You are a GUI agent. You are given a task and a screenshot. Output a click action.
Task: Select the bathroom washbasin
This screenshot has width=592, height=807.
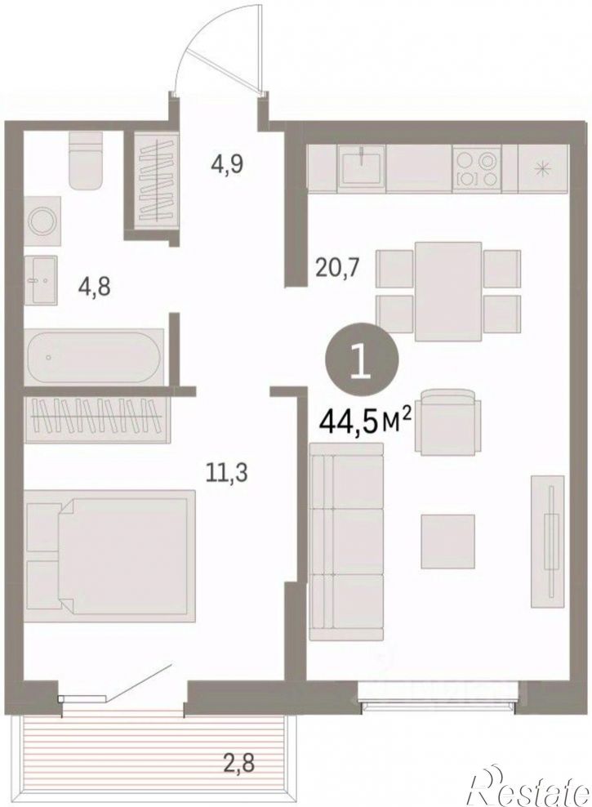click(41, 280)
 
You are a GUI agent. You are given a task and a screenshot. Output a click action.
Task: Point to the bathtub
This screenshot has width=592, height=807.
click(94, 356)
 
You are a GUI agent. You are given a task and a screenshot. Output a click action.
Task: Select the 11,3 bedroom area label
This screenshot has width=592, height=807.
click(226, 472)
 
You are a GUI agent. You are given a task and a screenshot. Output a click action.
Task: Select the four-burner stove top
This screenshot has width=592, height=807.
click(476, 168)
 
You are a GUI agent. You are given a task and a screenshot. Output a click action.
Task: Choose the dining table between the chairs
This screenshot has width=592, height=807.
click(448, 292)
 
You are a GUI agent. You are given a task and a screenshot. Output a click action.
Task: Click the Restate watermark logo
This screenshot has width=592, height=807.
click(530, 784)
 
